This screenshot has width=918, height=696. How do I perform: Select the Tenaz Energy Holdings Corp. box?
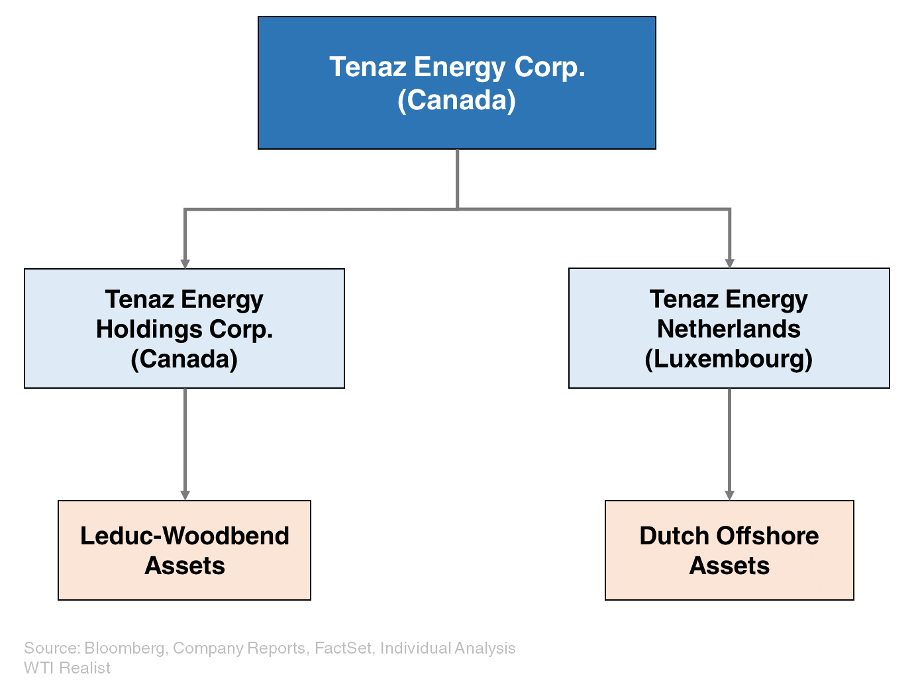(184, 328)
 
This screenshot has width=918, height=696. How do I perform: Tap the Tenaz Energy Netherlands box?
(729, 328)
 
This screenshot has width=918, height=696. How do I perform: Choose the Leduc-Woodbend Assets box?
(184, 550)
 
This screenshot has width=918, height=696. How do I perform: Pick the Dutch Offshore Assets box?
(729, 550)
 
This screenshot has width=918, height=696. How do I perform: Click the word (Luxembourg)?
(729, 359)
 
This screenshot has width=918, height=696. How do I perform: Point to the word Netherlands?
(729, 329)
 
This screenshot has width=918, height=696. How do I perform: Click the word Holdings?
(150, 329)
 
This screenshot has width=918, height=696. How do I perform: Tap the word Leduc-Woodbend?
(184, 536)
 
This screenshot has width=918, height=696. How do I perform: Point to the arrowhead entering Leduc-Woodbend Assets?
(185, 495)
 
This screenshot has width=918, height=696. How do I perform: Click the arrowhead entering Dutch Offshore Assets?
(729, 495)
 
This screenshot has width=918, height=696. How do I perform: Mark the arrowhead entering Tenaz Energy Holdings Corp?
(185, 263)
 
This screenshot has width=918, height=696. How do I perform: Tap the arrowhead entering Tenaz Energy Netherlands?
(729, 263)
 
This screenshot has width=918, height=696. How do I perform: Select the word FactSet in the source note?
(343, 648)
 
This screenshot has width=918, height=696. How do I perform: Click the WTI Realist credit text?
(67, 668)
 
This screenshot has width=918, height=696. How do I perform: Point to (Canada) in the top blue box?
(456, 100)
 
